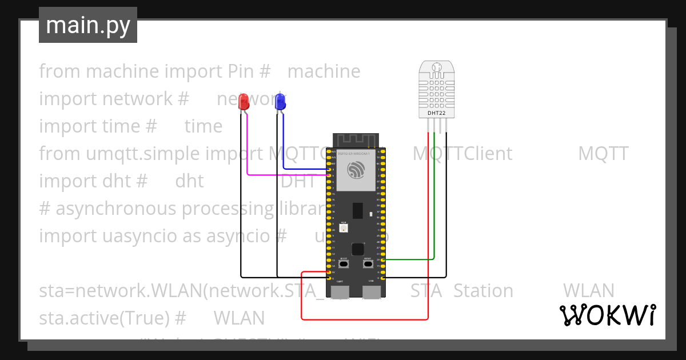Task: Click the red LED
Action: (x=244, y=102)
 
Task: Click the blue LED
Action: (x=280, y=102)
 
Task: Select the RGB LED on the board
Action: (x=344, y=228)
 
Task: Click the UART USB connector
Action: (x=340, y=291)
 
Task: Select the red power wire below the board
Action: (x=366, y=319)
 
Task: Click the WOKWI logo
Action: (x=607, y=315)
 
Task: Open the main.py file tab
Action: (x=88, y=25)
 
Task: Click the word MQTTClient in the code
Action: (x=462, y=153)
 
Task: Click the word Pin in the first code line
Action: (x=240, y=71)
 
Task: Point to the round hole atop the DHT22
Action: (x=437, y=67)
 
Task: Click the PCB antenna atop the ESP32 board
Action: (x=356, y=140)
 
